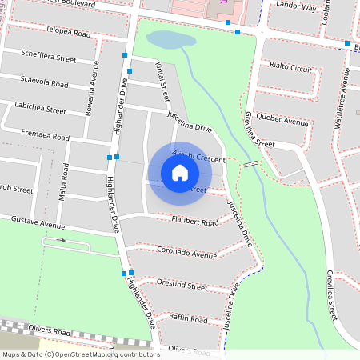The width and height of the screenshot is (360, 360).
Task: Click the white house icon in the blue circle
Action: [180, 172]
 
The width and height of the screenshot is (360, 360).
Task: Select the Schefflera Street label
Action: [49, 58]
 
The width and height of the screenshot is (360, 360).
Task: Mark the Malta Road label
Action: [64, 182]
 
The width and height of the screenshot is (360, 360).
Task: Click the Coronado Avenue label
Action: [186, 253]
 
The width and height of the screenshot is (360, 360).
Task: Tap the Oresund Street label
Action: [182, 286]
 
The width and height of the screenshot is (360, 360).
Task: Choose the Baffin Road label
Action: [189, 318]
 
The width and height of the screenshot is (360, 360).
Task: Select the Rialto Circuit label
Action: [291, 66]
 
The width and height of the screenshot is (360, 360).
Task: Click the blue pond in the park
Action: [165, 38]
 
